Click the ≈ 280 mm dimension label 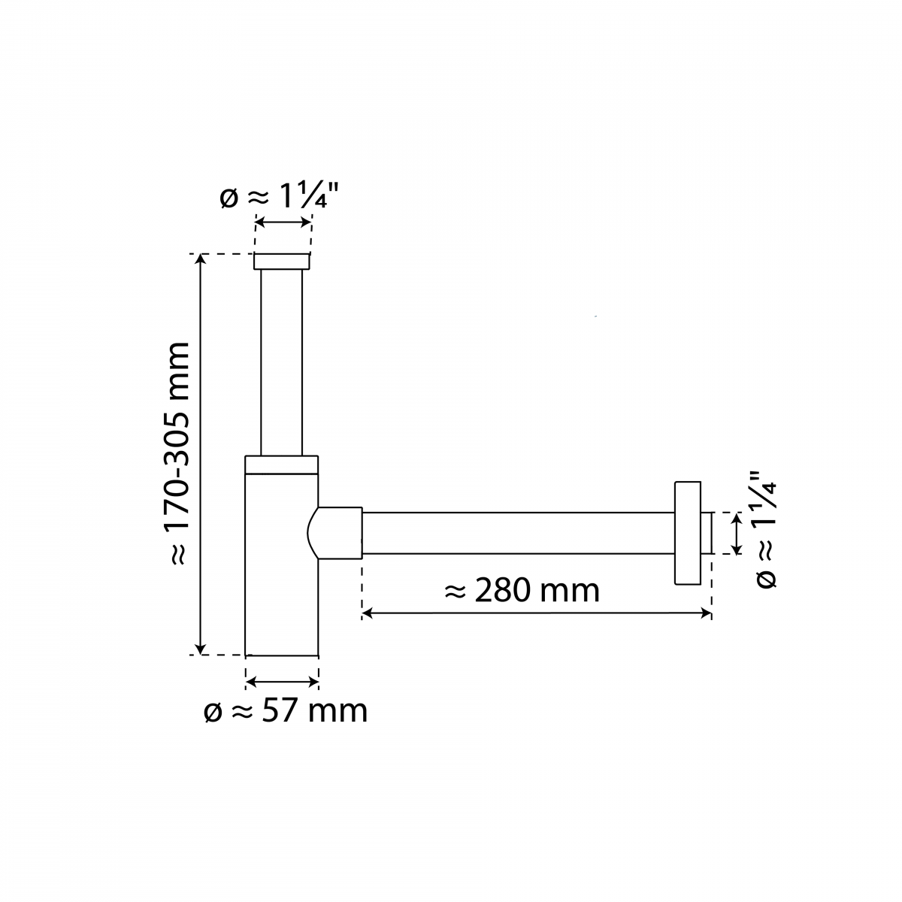click(x=523, y=590)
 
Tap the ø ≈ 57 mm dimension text click(x=286, y=710)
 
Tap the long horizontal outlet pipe click(x=519, y=533)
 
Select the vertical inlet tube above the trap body click(x=281, y=361)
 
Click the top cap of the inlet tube click(x=281, y=262)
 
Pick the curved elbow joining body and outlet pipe click(x=338, y=533)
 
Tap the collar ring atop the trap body click(x=281, y=465)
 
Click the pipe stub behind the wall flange click(x=706, y=533)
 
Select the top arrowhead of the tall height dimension click(x=200, y=260)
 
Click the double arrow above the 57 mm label click(x=283, y=681)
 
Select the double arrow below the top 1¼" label click(x=283, y=222)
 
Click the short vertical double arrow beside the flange click(x=737, y=533)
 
